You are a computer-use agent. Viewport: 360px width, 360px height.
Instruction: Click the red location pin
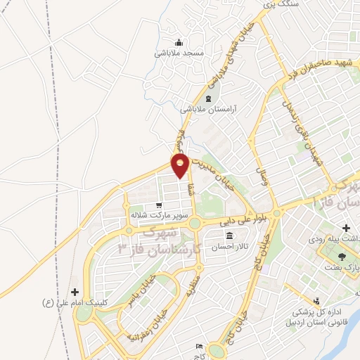[x=181, y=164]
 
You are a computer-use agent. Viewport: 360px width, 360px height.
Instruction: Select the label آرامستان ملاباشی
[x=207, y=110]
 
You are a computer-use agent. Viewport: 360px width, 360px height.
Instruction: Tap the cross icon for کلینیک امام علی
[x=75, y=291]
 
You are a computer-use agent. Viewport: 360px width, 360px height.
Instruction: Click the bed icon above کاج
[x=199, y=346]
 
